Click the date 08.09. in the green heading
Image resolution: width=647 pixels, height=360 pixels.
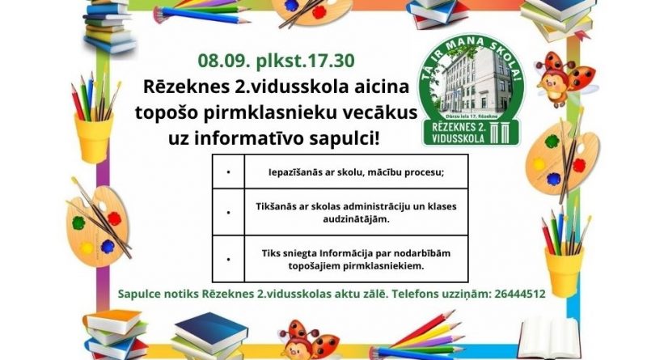coord(224,61)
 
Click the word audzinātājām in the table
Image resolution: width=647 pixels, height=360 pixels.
coord(356,219)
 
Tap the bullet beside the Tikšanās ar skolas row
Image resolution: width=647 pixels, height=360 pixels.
coord(228,213)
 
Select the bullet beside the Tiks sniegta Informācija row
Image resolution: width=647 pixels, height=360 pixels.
coord(228,259)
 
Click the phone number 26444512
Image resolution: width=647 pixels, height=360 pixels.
coord(519,294)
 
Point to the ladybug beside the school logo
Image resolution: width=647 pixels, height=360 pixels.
coord(564,78)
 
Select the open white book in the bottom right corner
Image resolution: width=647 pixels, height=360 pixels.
coord(550,337)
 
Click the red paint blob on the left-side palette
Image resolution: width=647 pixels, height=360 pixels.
coord(114,218)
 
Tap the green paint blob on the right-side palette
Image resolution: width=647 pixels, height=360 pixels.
coord(552,142)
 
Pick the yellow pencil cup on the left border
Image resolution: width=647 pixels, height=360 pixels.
coord(94,138)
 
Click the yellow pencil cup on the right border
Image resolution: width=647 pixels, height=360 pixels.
coord(564,269)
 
